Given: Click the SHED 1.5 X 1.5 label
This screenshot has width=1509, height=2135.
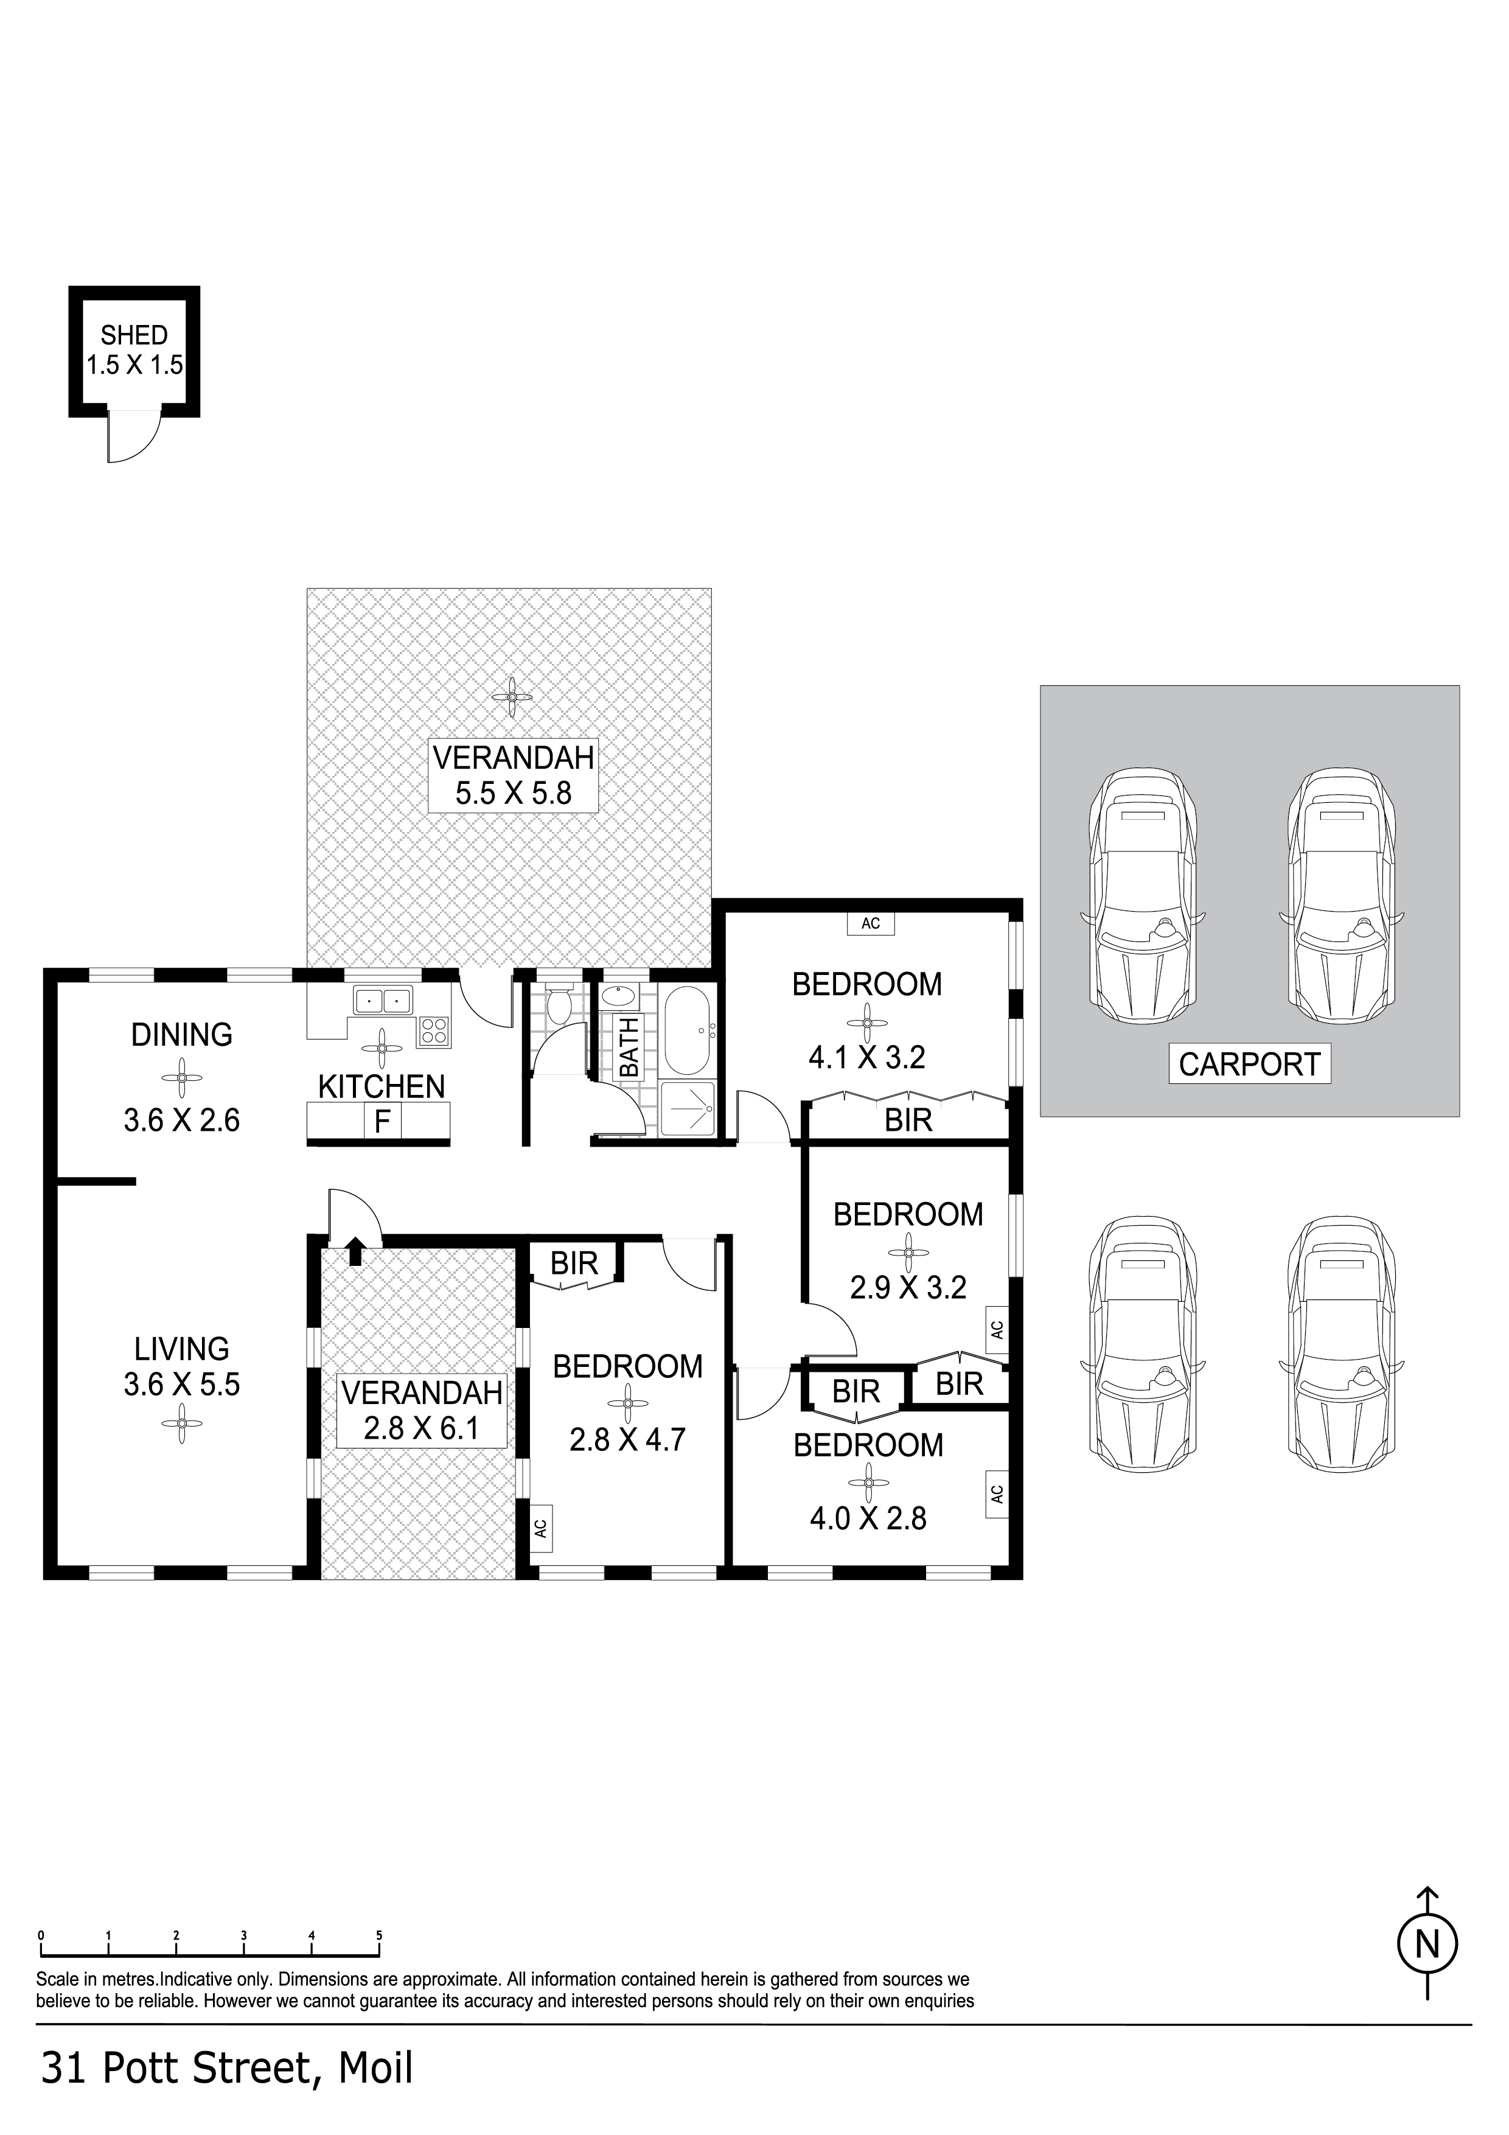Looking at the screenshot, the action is pyautogui.click(x=135, y=349).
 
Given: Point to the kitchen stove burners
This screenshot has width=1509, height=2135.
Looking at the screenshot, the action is pyautogui.click(x=434, y=1031).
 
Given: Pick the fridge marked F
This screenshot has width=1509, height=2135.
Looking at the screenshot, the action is pyautogui.click(x=381, y=1122).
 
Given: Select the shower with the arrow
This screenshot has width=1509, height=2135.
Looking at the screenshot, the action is pyautogui.click(x=688, y=1109).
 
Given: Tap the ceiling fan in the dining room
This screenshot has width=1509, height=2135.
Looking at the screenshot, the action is pyautogui.click(x=182, y=1078).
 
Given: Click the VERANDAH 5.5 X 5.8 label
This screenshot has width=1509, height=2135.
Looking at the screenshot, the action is pyautogui.click(x=513, y=775).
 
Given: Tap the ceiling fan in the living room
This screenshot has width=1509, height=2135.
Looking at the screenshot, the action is pyautogui.click(x=182, y=1424).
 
